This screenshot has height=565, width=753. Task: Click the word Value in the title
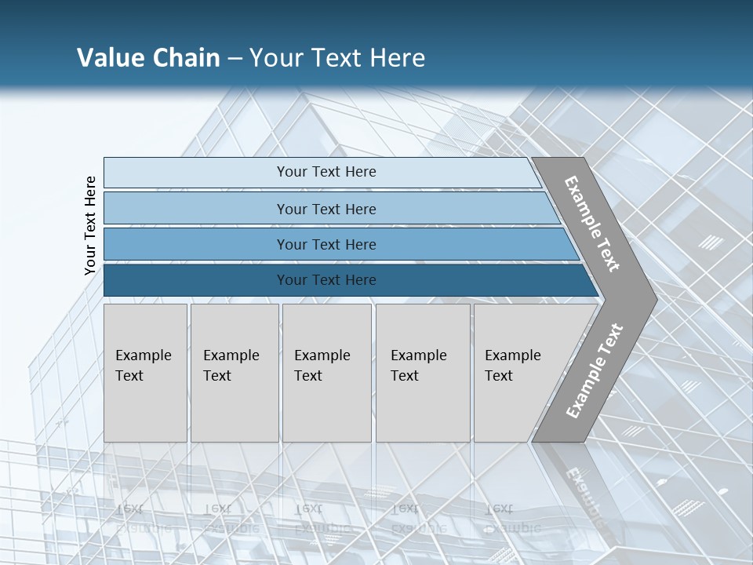[x=110, y=58]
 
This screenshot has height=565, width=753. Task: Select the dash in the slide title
[x=235, y=59]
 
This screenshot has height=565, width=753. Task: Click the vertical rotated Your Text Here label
[x=90, y=225]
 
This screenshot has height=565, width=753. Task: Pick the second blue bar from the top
[x=326, y=209]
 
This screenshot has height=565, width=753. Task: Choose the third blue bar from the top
[x=326, y=244]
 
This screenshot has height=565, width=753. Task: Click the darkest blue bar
[x=326, y=280]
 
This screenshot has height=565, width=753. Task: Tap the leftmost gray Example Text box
[x=145, y=373]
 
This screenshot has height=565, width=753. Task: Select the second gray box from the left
[x=235, y=373]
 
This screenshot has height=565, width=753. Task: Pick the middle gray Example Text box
[x=326, y=373]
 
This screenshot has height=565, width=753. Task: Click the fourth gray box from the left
[x=423, y=373]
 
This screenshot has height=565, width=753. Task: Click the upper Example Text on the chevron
[x=592, y=224]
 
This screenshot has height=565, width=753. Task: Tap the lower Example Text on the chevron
[x=595, y=370]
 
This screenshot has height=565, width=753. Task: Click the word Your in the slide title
[x=274, y=58]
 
